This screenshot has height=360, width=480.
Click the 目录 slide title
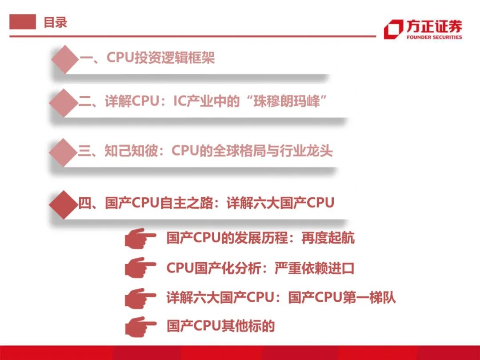pyautogui.click(x=56, y=22)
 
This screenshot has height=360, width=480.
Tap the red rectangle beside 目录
pyautogui.click(x=23, y=22)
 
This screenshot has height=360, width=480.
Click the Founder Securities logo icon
pyautogui.click(x=393, y=29)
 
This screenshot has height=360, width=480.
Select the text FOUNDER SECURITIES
pyautogui.click(x=434, y=37)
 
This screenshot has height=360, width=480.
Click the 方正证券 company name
pyautogui.click(x=434, y=26)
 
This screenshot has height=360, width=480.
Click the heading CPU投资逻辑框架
pyautogui.click(x=160, y=57)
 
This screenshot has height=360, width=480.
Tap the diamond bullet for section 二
pyautogui.click(x=64, y=103)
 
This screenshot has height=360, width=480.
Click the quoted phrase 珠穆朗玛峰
pyautogui.click(x=286, y=101)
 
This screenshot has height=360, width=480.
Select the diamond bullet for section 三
pyautogui.click(x=63, y=152)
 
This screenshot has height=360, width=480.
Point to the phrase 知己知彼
pyautogui.click(x=131, y=151)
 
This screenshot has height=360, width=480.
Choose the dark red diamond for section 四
pyautogui.click(x=64, y=204)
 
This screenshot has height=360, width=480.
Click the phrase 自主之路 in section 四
pyautogui.click(x=186, y=203)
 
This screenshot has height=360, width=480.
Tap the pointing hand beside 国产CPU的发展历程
pyautogui.click(x=140, y=238)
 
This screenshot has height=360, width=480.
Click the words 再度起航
pyautogui.click(x=328, y=238)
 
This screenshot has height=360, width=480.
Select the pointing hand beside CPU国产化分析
pyautogui.click(x=140, y=268)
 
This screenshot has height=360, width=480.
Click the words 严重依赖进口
pyautogui.click(x=314, y=268)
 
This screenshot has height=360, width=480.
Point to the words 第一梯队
pyautogui.click(x=369, y=297)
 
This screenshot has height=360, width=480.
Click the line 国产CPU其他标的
pyautogui.click(x=221, y=326)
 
